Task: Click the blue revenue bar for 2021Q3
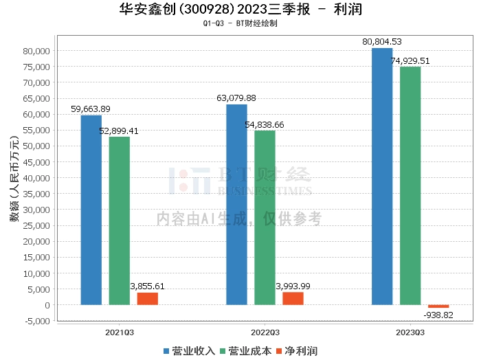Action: [x=91, y=210]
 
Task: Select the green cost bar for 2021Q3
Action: [x=119, y=221]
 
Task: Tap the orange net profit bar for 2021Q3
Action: [x=147, y=299]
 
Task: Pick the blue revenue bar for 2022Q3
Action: [x=236, y=204]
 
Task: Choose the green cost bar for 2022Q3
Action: [x=265, y=217]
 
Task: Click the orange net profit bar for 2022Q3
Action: [x=293, y=298]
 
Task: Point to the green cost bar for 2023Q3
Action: [x=410, y=185]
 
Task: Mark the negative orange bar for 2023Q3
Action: [x=438, y=306]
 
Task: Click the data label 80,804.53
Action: [x=382, y=43]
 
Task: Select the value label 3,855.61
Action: [x=147, y=286]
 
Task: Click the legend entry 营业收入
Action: [x=190, y=351]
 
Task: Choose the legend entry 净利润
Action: [x=296, y=351]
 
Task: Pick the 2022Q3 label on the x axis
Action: [x=265, y=332]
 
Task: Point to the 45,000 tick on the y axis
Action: [x=34, y=162]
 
